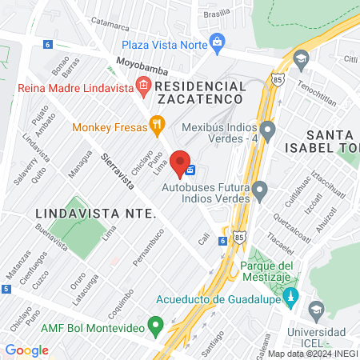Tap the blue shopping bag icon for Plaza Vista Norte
(x=217, y=42)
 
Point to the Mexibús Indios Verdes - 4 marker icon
(x=267, y=129)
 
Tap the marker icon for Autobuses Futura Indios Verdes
(x=260, y=190)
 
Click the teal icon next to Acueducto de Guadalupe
(x=290, y=298)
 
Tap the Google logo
(x=26, y=350)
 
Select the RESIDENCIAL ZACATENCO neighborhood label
(x=200, y=91)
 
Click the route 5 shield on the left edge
(x=6, y=288)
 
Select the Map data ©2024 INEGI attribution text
(x=312, y=353)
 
